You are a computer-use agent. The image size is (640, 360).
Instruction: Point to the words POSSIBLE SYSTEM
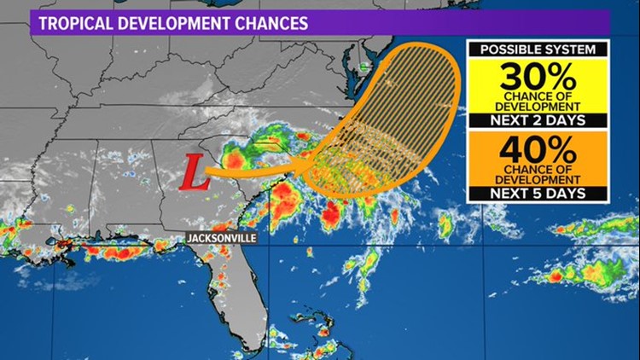point(538,49)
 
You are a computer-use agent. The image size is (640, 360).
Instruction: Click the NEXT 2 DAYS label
point(538,119)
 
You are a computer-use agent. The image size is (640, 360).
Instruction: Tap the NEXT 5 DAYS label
point(538,194)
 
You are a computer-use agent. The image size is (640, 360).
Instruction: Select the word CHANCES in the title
point(270,23)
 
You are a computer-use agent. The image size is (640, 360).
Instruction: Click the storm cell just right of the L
point(234,159)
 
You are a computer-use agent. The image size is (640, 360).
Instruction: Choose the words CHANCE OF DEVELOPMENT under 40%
point(537,175)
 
